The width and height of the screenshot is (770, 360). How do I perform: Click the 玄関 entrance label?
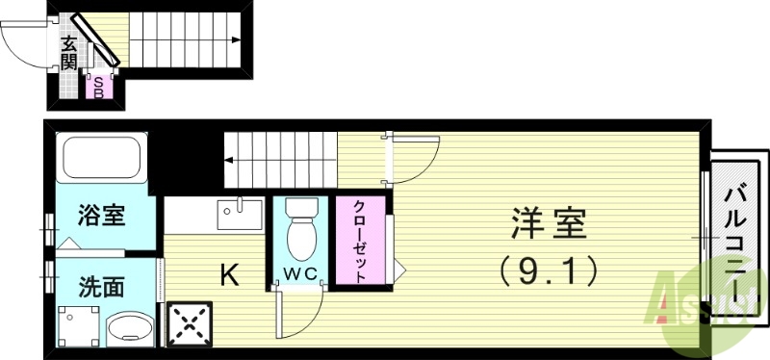(x=68, y=53)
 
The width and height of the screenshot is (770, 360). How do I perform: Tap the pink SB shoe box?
(x=97, y=88)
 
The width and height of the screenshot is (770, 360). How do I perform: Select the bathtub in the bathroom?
(x=101, y=158)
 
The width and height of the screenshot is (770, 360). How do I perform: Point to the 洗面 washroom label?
(x=101, y=286)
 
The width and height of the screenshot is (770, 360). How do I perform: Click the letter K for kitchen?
(x=229, y=276)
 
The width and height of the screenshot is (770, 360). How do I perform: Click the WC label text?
(x=301, y=273)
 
